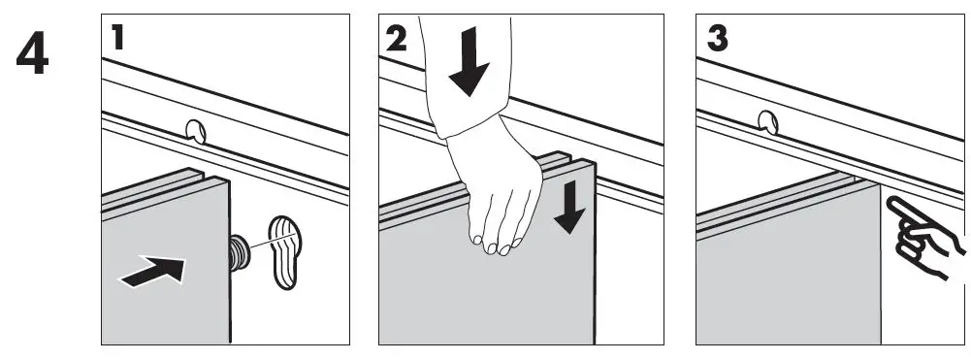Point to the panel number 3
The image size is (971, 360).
[718, 39]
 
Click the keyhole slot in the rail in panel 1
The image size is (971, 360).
[197, 131]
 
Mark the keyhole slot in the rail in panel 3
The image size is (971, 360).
[769, 122]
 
